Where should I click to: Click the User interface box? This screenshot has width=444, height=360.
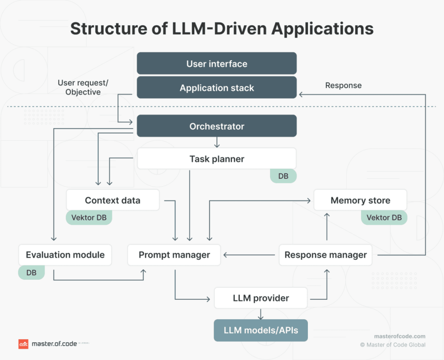[x=217, y=64]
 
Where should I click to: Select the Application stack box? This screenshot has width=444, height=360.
[x=217, y=88]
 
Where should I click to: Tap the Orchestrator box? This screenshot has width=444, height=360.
[x=217, y=126]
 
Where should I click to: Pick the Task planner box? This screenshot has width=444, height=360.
[x=217, y=159]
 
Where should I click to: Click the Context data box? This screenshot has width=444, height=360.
[x=113, y=200]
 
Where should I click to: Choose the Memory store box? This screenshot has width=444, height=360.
[x=360, y=200]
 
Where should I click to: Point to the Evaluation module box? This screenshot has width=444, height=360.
[x=65, y=255]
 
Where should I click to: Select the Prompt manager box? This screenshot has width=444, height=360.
[x=174, y=255]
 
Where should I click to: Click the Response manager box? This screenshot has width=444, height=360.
[x=326, y=255]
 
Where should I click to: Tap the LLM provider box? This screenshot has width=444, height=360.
[x=261, y=298]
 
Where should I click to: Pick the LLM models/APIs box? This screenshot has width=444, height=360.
[x=261, y=331]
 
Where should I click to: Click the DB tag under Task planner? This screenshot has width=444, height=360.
[x=283, y=176]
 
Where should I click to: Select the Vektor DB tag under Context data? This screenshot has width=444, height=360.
[x=89, y=217]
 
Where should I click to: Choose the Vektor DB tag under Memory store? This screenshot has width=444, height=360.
[x=384, y=217]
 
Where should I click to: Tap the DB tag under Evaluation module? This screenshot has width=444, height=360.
[x=31, y=272]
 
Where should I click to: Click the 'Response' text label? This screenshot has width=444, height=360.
[x=343, y=85]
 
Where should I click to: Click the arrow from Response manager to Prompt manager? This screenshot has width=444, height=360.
[x=249, y=255]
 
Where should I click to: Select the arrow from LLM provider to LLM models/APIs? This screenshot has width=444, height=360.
[x=261, y=314]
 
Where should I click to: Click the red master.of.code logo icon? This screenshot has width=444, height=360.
[x=23, y=344]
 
